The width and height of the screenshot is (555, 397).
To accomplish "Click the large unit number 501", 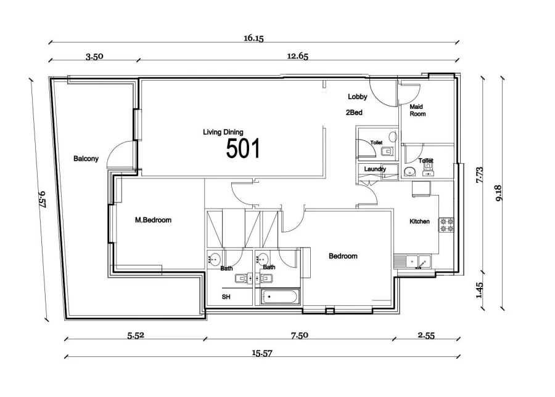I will pos(243,149).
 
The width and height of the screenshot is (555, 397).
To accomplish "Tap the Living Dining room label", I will pos(223,132).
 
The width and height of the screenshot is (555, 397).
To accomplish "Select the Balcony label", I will pos(86,159).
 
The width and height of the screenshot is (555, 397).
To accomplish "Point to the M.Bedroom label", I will pos(153,220).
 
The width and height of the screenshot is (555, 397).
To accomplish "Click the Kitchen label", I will pos(419,222).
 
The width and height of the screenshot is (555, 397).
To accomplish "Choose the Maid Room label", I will pos(417,110).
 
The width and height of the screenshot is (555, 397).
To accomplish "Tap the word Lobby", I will pos(357,97).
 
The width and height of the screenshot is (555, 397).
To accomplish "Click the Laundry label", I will pos(375,169).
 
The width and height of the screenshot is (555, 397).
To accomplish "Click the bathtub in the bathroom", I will pos(280,297).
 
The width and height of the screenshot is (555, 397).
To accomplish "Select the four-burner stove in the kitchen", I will pos(446,225).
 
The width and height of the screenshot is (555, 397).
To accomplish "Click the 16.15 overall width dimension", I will pos(253,38).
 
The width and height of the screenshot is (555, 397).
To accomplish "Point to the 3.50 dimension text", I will pos(94,56).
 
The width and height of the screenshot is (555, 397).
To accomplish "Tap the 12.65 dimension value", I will pos(297,56).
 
